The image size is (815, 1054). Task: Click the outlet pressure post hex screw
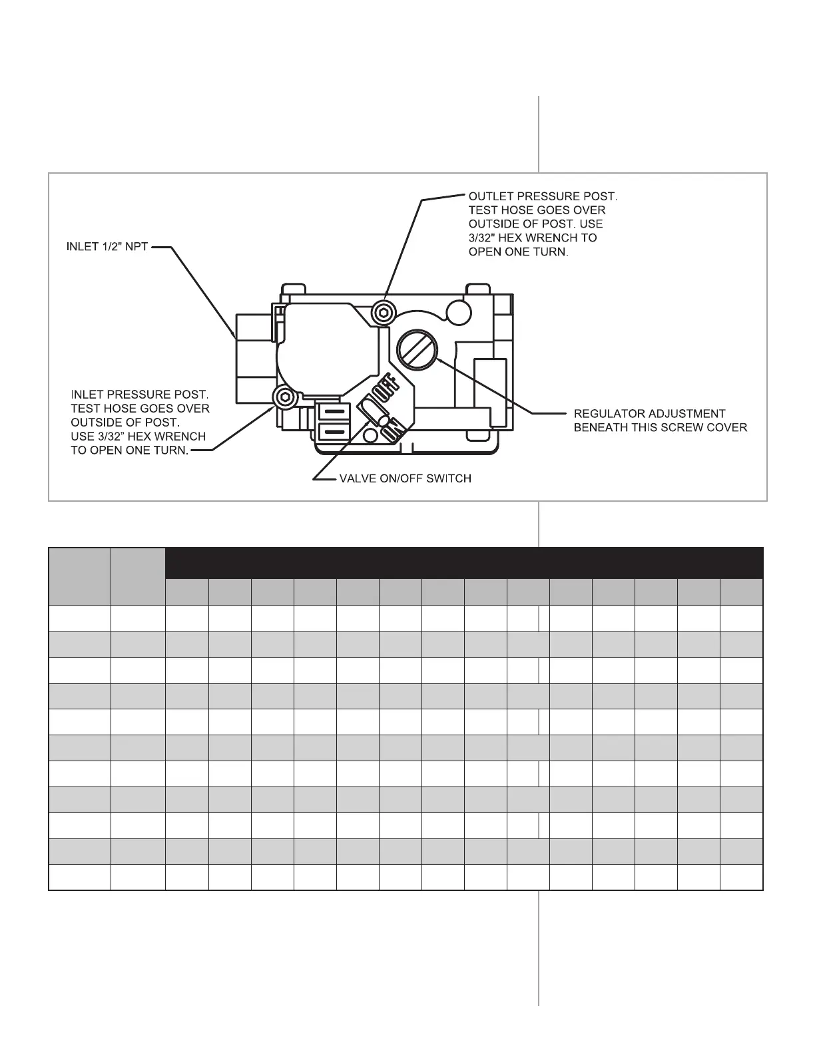point(383,311)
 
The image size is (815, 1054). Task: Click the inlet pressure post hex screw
point(284,397)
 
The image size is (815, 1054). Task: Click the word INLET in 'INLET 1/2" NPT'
point(82,247)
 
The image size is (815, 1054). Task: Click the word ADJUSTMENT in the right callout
point(686,414)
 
